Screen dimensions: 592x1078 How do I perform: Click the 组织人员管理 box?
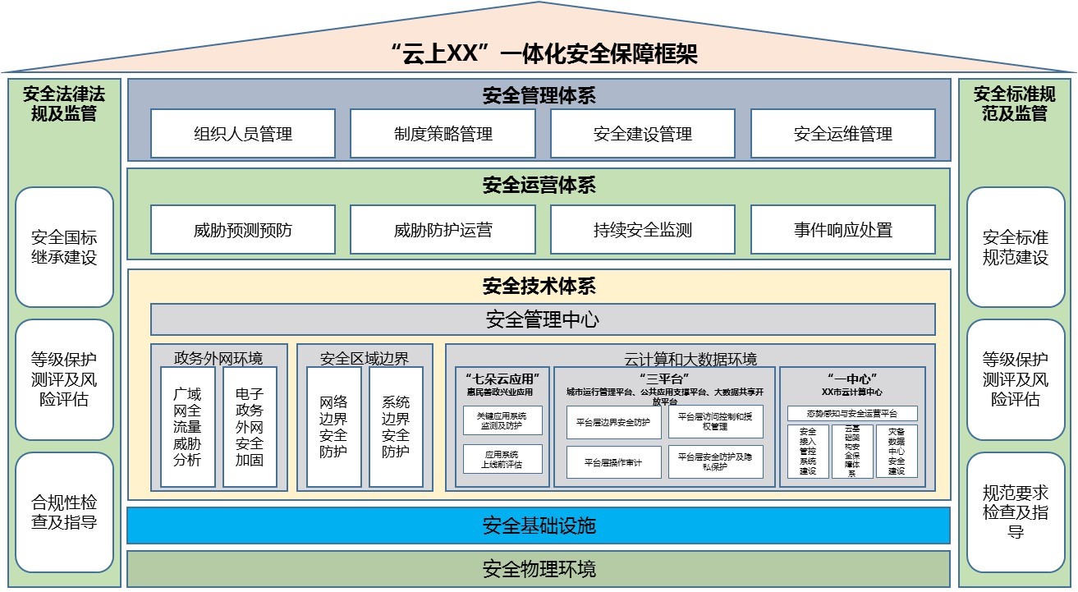pyautogui.click(x=243, y=133)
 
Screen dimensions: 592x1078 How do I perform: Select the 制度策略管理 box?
pyautogui.click(x=443, y=133)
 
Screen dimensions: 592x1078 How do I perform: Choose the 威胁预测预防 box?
pyautogui.click(x=243, y=230)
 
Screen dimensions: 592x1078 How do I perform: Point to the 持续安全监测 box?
pyautogui.click(x=643, y=230)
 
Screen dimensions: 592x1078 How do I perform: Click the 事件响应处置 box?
pyautogui.click(x=842, y=230)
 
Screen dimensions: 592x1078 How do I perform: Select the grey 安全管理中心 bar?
pyautogui.click(x=542, y=319)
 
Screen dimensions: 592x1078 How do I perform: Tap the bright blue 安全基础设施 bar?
pyautogui.click(x=539, y=525)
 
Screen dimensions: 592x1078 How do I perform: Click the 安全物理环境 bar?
pyautogui.click(x=539, y=568)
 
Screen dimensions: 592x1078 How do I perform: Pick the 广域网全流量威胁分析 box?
pyautogui.click(x=187, y=427)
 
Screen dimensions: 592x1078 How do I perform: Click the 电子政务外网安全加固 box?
pyautogui.click(x=250, y=427)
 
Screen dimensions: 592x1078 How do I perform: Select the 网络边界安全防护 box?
pyautogui.click(x=333, y=427)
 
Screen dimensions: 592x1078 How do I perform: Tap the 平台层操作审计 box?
pyautogui.click(x=612, y=462)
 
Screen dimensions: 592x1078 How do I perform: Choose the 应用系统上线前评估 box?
pyautogui.click(x=502, y=460)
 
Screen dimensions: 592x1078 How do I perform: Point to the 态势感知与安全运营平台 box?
pyautogui.click(x=851, y=413)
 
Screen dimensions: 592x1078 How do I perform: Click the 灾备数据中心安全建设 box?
pyautogui.click(x=896, y=452)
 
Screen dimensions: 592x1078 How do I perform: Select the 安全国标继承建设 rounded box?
pyautogui.click(x=64, y=247)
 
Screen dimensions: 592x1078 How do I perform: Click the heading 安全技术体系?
pyautogui.click(x=539, y=287)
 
